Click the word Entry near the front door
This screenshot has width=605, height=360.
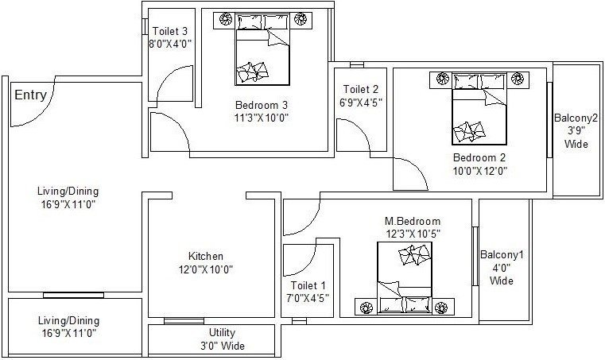coord(30,95)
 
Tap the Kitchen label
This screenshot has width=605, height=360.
coord(205,256)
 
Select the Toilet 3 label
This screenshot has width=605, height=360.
coord(170,31)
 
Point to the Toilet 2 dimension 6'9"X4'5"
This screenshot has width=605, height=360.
coord(360,102)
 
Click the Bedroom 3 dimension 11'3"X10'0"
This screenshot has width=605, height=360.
coord(261,118)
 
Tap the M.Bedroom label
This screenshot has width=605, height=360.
coord(413,221)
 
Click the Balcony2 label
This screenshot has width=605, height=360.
coord(576,119)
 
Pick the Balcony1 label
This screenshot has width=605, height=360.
coord(502,255)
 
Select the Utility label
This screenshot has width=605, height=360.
coord(222,332)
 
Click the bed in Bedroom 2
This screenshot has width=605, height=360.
coord(479,115)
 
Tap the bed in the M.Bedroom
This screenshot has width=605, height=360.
coord(405,274)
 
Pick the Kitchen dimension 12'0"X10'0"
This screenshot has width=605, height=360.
coord(205,269)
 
